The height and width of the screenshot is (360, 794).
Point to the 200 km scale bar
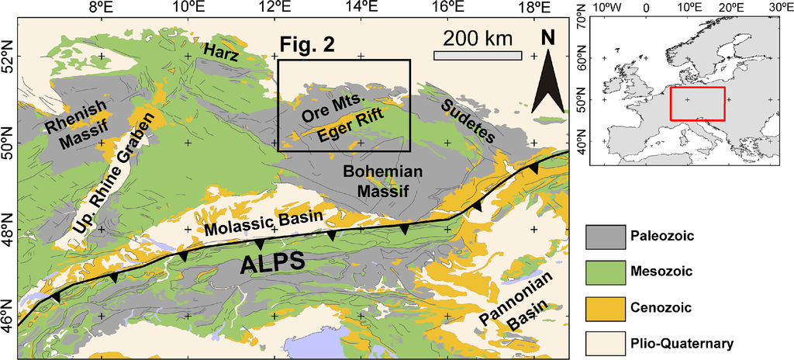476,55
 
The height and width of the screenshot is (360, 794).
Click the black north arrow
548,78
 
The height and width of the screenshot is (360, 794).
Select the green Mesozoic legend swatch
604,272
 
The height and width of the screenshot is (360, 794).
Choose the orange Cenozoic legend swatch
604,306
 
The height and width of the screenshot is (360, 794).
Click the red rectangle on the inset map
697,103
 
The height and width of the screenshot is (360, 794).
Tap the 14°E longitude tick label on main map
361,8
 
